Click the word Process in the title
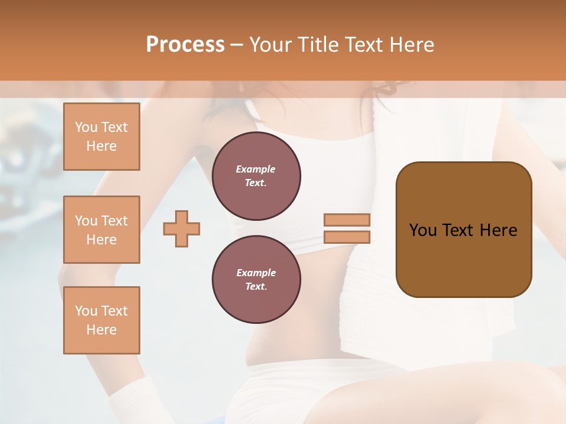coord(185,45)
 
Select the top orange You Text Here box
coord(101,137)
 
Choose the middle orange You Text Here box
coord(101,230)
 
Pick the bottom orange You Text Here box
coord(101,320)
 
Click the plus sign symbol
coord(182,228)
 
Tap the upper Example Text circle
coord(256,176)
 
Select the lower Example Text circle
coord(256,280)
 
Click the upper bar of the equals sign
coord(347,220)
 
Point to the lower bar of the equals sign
coord(347,237)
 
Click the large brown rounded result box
coord(463,259)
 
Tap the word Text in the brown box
coord(458,230)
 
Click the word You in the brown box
coord(423,230)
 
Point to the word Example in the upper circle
coord(256,169)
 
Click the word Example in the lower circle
coord(256,273)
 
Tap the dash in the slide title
coord(237,45)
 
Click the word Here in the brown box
coord(498,230)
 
